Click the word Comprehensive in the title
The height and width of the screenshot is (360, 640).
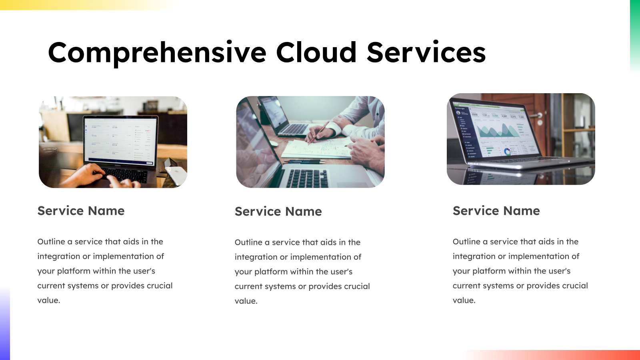(x=157, y=53)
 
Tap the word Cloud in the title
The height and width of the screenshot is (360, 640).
(x=316, y=52)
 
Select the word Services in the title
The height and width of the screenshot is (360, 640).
(x=426, y=52)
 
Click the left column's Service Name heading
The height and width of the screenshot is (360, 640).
(x=81, y=211)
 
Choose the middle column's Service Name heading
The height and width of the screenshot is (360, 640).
(x=278, y=212)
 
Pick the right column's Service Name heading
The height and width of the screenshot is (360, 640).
(x=496, y=211)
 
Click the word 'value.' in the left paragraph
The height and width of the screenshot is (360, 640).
(x=49, y=300)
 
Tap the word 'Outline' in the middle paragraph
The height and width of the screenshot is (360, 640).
(x=248, y=242)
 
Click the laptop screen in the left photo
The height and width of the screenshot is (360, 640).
(x=120, y=140)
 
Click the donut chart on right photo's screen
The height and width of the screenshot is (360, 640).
(x=507, y=152)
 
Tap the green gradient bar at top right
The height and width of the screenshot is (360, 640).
(x=635, y=32)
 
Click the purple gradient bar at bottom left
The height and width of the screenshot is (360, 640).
(x=5, y=324)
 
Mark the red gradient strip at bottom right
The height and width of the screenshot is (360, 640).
(x=560, y=355)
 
